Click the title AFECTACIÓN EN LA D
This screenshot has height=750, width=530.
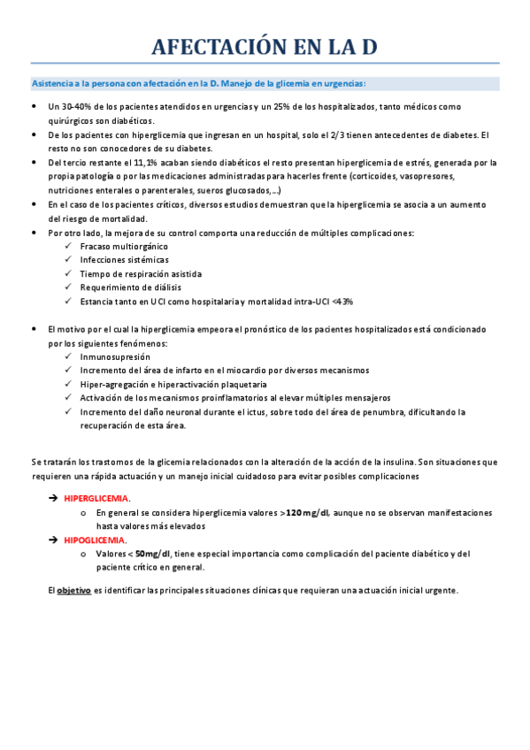pos(265,48)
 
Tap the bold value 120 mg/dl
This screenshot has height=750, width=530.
pos(308,512)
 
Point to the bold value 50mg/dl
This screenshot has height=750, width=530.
pos(153,554)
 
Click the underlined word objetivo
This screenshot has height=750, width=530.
pos(74,590)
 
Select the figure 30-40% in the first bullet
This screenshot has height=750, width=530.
pos(69,107)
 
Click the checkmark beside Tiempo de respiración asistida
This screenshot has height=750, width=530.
pos(69,274)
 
